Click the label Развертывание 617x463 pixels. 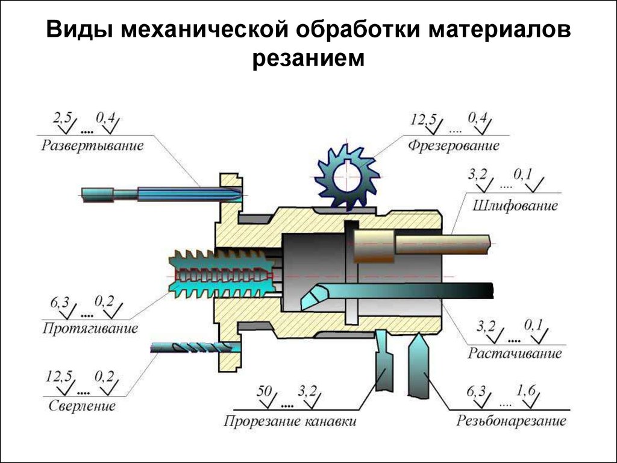pos(93,145)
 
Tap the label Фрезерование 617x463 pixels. pos(454,145)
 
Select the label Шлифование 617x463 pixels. pos(515,206)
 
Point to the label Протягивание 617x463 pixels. pos(90,329)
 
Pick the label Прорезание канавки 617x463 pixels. pos(290,420)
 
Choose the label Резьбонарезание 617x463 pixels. pos(512,420)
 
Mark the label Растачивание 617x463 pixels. pos(515,353)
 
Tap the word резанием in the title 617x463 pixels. pos(308,58)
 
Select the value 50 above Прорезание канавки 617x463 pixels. pos(265,391)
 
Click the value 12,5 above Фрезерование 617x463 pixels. pos(423,119)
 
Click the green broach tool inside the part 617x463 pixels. pos(222,275)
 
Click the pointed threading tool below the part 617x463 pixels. pos(418,368)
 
